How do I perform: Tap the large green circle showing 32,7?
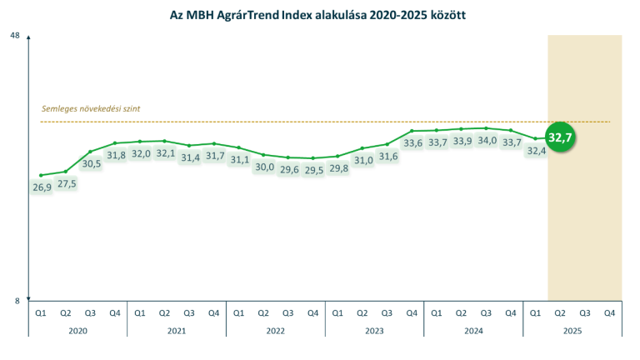tap(560, 137)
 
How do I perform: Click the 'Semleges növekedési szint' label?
tap(92, 108)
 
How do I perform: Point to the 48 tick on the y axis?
tap(15, 36)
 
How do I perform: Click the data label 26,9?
tap(42, 187)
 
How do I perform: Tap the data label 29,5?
tap(313, 170)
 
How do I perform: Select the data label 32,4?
tap(536, 151)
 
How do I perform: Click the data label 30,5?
tap(91, 164)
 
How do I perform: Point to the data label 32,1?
tap(165, 153)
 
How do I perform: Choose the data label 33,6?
tap(412, 143)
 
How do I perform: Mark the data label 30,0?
tap(264, 167)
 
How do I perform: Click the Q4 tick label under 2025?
tap(609, 312)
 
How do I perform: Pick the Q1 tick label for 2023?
tap(337, 312)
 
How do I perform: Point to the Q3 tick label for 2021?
tap(189, 312)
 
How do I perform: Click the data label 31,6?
tap(388, 157)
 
